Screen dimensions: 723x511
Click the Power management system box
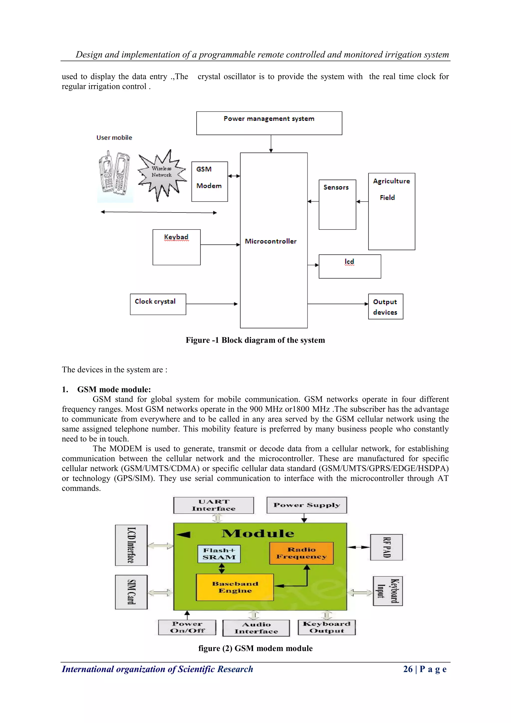pyautogui.click(x=269, y=123)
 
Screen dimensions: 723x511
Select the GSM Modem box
pyautogui.click(x=210, y=182)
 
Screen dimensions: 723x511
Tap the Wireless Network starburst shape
pyautogui.click(x=162, y=175)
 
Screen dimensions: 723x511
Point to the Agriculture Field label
pyautogui.click(x=391, y=189)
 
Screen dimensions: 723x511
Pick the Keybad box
pyautogui.click(x=176, y=247)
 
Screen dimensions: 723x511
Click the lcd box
pyautogui.click(x=350, y=266)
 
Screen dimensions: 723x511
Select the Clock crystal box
pyautogui.click(x=158, y=304)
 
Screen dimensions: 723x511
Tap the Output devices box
pyautogui.click(x=385, y=307)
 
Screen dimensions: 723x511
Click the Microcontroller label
pyautogui.click(x=271, y=241)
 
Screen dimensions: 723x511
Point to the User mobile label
pyautogui.click(x=114, y=138)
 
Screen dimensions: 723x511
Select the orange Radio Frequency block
pyautogui.click(x=301, y=553)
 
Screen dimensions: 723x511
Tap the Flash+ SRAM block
pyautogui.click(x=219, y=554)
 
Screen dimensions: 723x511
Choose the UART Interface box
pyautogui.click(x=213, y=505)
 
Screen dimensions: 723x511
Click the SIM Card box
pyautogui.click(x=131, y=592)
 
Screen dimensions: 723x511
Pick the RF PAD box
pyautogui.click(x=386, y=547)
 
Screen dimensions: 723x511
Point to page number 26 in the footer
pyautogui.click(x=408, y=669)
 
